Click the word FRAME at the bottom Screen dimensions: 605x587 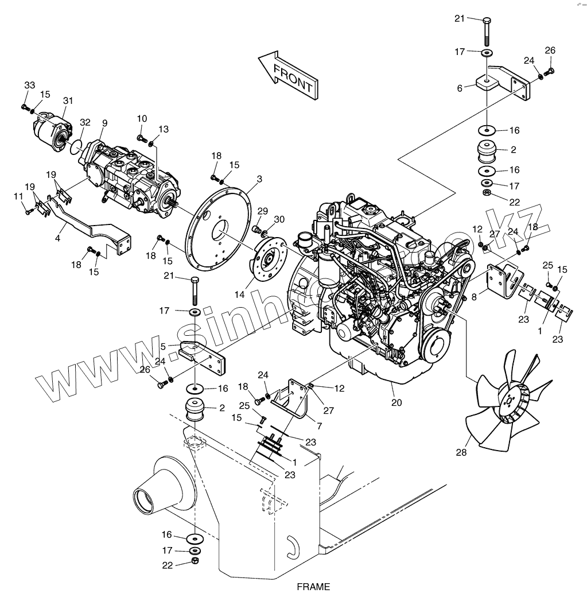[x=313, y=587]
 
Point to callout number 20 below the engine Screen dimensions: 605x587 [x=396, y=402]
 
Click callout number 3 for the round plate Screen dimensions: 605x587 [x=259, y=180]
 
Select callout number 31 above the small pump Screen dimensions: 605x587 [x=68, y=101]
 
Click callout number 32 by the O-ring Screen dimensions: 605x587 [x=85, y=122]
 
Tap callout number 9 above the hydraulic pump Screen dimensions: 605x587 [x=104, y=122]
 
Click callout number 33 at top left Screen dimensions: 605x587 [x=29, y=86]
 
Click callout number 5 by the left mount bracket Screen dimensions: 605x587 [x=163, y=347]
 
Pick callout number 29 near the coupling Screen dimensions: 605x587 [x=262, y=211]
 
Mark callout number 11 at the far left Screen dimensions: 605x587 [x=18, y=197]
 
